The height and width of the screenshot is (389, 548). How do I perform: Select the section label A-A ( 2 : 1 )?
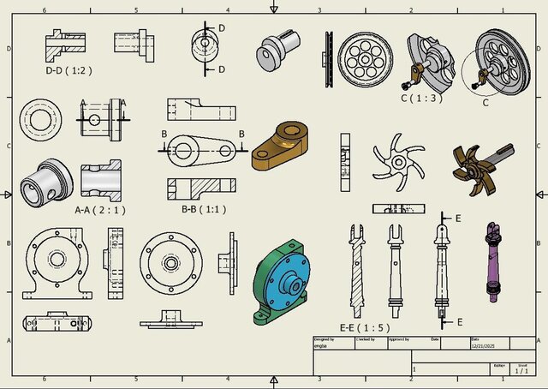pos(101,208)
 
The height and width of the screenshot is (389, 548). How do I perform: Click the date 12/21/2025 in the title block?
pos(483,345)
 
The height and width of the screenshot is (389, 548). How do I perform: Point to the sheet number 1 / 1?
pos(521,371)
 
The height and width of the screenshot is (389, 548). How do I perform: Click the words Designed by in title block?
pos(324,339)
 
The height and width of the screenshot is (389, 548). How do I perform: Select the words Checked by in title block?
pos(366,339)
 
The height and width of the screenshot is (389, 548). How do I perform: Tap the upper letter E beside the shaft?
pos(459,219)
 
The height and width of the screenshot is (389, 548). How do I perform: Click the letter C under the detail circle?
pos(485,103)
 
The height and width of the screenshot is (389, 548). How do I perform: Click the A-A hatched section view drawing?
pos(101,181)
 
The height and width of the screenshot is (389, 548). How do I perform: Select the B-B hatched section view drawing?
pos(201,186)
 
